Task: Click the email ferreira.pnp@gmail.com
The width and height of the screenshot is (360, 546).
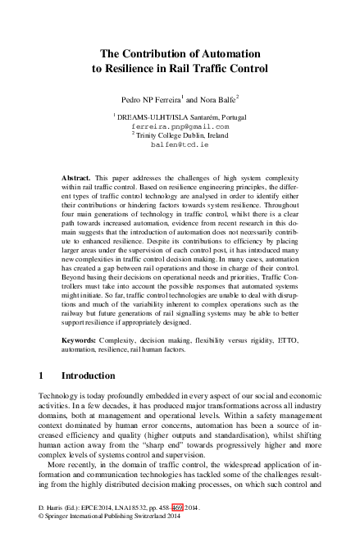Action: (180, 127)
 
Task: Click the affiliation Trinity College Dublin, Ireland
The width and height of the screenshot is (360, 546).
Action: (181, 135)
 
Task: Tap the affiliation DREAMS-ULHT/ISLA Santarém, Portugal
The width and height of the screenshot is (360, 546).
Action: (181, 119)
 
